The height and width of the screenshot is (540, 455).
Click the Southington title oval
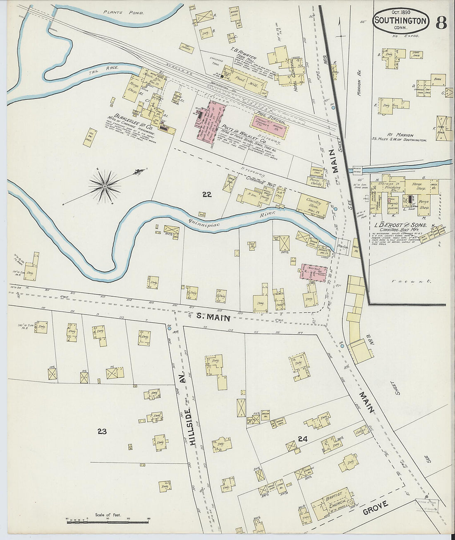coord(400,21)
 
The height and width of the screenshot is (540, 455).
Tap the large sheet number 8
coord(441,22)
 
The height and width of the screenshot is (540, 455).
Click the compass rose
coord(105,186)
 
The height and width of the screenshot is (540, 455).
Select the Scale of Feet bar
coord(108,522)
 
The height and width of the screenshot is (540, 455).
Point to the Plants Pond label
coord(124,13)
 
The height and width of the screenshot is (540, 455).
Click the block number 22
coord(207,194)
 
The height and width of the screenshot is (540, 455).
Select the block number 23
coord(102,432)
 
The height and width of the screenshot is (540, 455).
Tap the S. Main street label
coord(213,317)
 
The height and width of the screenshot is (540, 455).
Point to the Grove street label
coord(376,508)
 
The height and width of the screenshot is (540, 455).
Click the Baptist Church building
coord(333,502)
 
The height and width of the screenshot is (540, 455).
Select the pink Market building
coord(314,272)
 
